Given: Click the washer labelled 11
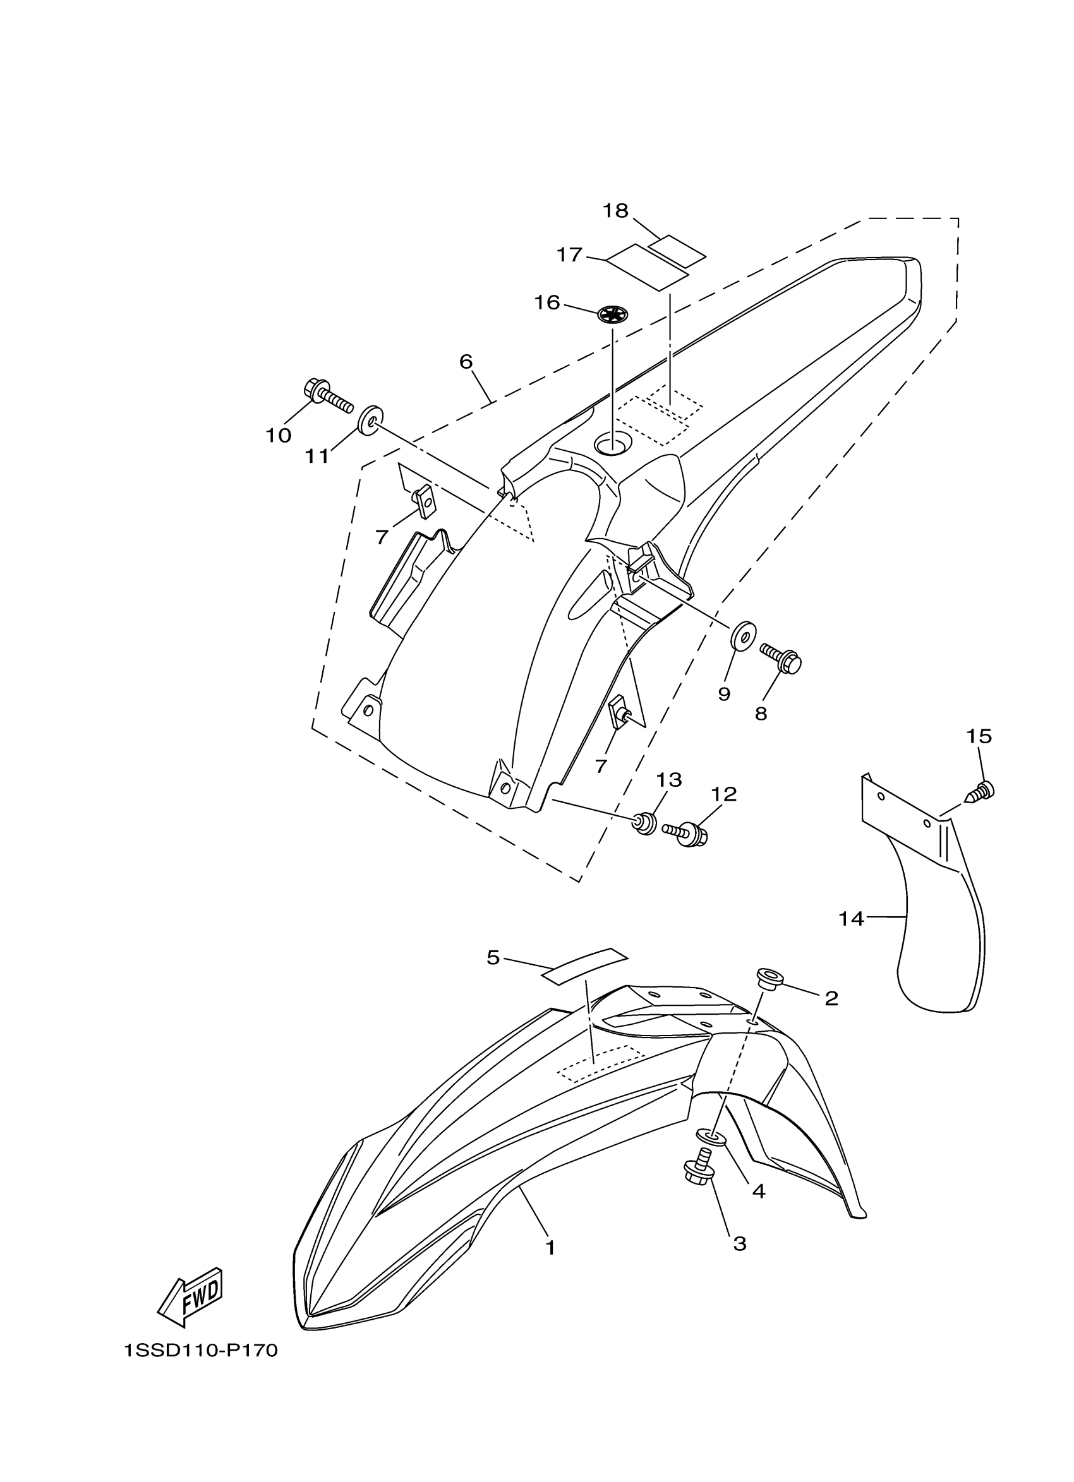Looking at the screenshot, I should [370, 419].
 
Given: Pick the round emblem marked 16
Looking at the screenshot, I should [613, 314].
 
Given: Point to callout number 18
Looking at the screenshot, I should [615, 211].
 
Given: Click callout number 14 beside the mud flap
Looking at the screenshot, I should [851, 919].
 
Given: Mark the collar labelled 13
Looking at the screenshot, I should [645, 823].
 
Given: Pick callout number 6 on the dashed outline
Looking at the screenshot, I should [466, 361].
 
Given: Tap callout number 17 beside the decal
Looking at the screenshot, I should [569, 255].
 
